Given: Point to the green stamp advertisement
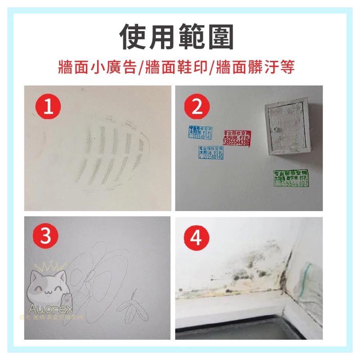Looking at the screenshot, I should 291,179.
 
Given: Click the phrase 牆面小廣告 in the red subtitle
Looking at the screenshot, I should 97,68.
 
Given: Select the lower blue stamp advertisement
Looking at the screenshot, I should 210,153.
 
